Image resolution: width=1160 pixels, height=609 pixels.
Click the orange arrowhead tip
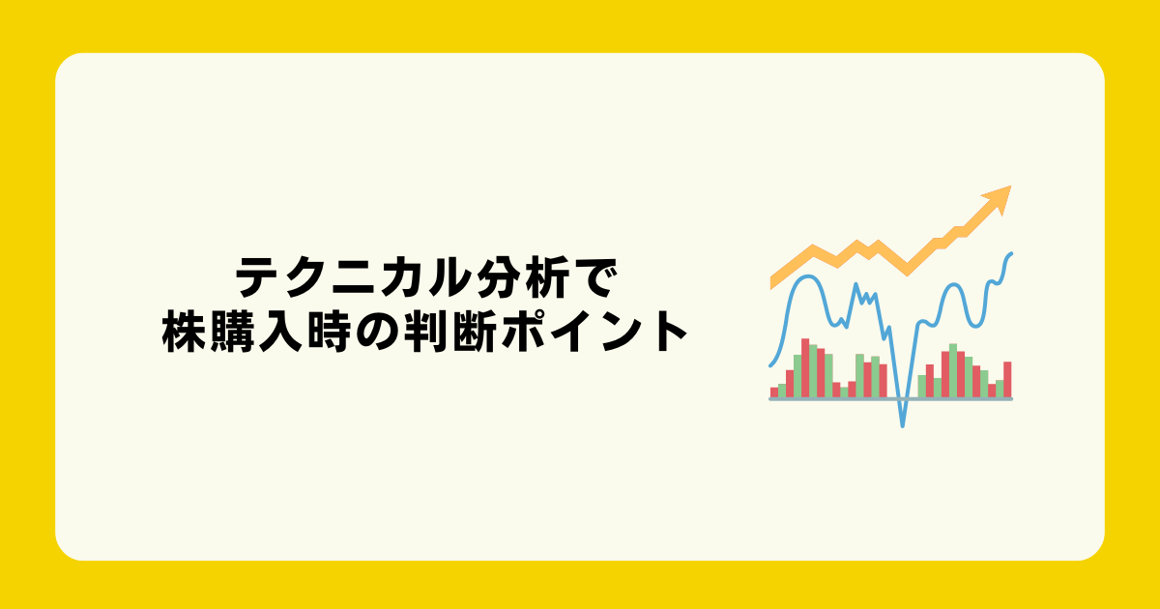pos(1010,187)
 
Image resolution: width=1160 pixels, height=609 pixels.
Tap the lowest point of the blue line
pos(903,426)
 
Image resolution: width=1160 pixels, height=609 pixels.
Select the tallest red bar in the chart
pos(805,368)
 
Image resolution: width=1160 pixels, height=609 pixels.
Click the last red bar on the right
pos(1007,380)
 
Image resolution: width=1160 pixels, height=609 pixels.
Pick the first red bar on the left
pos(774,392)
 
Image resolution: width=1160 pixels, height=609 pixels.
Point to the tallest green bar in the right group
pos(953,371)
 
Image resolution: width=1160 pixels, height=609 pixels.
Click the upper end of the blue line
pos(1011,253)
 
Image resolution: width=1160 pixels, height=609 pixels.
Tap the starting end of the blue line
pos(770,365)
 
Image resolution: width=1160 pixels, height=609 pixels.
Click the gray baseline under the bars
pos(890,399)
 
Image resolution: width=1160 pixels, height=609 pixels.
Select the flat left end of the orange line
pos(771,282)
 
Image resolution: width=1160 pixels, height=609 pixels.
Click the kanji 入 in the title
pos(280,332)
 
